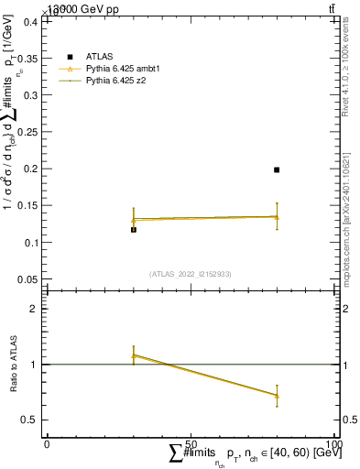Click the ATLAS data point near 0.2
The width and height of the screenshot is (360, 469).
pyautogui.click(x=277, y=169)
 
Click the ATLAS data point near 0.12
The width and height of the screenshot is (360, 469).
pyautogui.click(x=134, y=230)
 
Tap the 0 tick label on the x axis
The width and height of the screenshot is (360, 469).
pyautogui.click(x=47, y=443)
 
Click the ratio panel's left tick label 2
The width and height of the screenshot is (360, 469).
pyautogui.click(x=35, y=309)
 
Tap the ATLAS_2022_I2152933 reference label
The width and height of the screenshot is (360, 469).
pyautogui.click(x=191, y=274)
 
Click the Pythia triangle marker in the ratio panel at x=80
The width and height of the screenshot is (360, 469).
pyautogui.click(x=277, y=396)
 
